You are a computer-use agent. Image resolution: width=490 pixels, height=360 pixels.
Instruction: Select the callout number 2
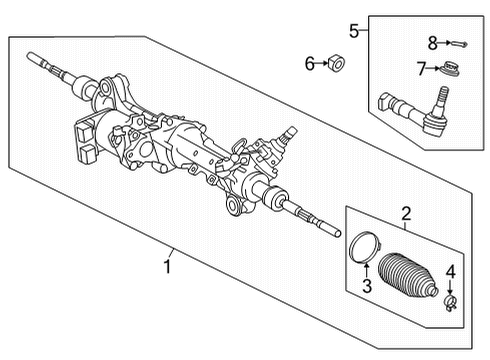(406, 211)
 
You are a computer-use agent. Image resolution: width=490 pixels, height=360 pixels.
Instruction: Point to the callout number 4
(450, 270)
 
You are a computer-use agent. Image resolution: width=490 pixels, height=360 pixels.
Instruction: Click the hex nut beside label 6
(337, 65)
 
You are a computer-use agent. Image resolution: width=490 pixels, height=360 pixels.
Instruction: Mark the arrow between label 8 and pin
(446, 43)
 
